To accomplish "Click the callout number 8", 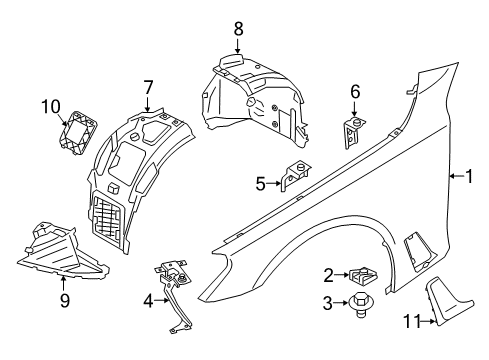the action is (238, 29).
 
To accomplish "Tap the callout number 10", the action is (51, 107).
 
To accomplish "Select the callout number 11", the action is (411, 321).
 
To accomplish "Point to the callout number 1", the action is (469, 176).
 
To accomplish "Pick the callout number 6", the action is (355, 91).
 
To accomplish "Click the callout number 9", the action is (65, 300).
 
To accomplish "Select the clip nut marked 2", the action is (363, 275).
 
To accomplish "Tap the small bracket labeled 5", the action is (296, 175).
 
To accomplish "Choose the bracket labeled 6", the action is (353, 132).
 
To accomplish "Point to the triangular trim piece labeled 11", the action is (447, 301).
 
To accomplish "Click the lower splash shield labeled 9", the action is (62, 250).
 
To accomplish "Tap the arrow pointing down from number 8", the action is (237, 45).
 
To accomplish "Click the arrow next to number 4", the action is (163, 300).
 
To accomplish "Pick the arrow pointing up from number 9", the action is (63, 283).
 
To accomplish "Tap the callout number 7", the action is (148, 87).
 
